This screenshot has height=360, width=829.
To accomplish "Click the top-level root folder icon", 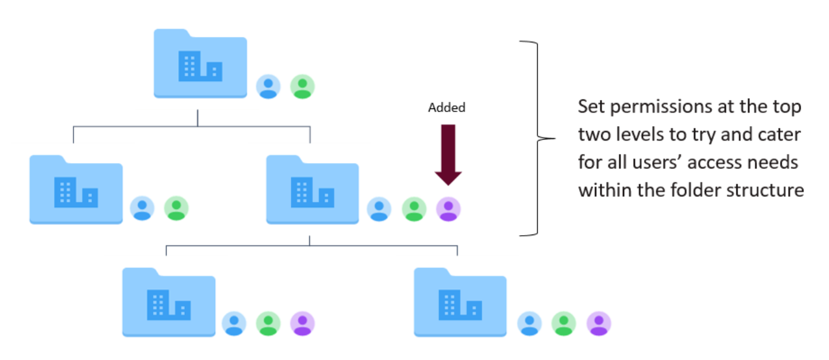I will (200, 64).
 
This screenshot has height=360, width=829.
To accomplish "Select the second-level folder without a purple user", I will (76, 190).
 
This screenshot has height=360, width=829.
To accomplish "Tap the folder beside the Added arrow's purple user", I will (312, 190).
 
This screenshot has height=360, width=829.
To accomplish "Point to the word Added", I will (447, 108).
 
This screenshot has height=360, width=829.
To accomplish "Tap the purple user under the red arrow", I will (448, 208).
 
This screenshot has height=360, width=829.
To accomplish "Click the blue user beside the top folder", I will (268, 87).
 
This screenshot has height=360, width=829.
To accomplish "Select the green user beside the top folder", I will (302, 87).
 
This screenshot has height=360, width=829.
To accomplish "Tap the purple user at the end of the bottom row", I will (599, 324).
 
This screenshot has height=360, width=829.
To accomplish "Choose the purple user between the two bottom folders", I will (302, 324).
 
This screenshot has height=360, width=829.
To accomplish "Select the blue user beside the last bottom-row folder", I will (530, 324).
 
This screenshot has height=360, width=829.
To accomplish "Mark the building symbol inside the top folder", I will (200, 66).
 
